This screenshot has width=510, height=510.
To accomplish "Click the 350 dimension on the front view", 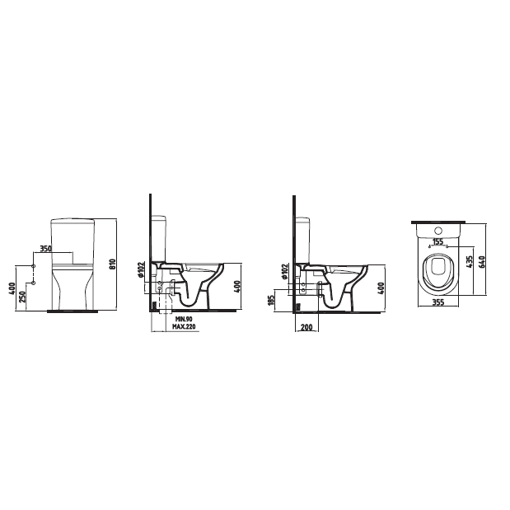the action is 45,249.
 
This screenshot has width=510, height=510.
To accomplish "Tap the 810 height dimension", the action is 112,264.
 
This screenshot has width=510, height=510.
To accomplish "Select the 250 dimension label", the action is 23,297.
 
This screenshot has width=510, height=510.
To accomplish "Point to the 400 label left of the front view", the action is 12,288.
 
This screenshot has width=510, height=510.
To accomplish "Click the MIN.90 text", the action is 184,319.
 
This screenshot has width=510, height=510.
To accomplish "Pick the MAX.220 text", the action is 184,326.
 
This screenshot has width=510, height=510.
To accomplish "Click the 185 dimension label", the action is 271,301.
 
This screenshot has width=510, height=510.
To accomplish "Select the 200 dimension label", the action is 306,327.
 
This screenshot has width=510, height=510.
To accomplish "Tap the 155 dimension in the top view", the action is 438,241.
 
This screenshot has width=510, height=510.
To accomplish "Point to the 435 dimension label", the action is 470,262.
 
